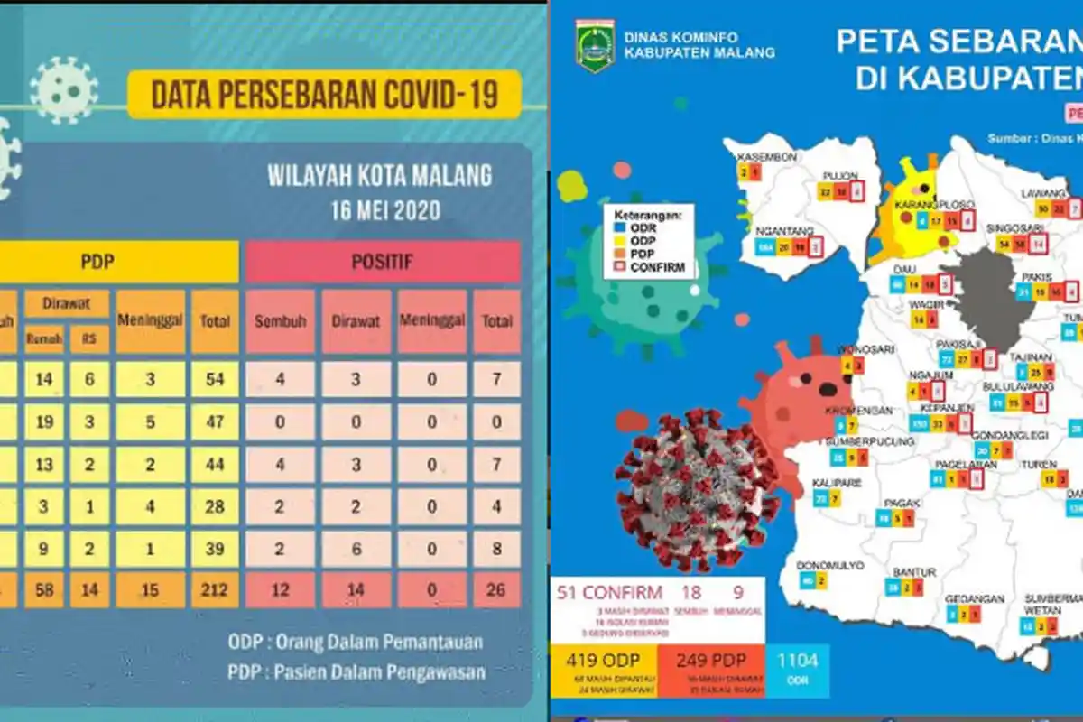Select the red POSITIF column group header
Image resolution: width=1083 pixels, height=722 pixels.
[x=383, y=262]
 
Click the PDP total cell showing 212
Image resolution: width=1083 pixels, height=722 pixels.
[x=215, y=589]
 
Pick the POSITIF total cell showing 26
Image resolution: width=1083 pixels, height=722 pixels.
[x=496, y=589]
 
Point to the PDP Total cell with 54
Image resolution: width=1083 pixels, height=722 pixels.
[x=215, y=380]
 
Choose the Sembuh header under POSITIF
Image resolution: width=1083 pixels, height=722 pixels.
[x=280, y=321]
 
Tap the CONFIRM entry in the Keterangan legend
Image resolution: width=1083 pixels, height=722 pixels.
[x=658, y=267]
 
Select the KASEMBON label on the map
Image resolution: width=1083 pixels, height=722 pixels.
[x=767, y=156]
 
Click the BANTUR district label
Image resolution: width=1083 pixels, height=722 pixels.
[x=913, y=572]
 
